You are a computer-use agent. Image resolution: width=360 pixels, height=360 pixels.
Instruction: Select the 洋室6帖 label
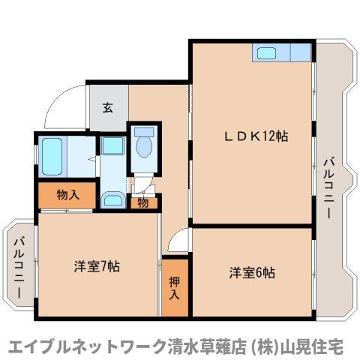252,271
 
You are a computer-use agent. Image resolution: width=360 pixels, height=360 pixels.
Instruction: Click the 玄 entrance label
108,106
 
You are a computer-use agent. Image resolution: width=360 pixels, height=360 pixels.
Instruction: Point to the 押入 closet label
174,287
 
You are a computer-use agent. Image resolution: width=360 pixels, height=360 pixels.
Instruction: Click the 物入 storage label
67,195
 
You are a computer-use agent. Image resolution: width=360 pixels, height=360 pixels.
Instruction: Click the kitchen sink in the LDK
265,53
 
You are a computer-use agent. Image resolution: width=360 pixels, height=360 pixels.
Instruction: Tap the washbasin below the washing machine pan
113,199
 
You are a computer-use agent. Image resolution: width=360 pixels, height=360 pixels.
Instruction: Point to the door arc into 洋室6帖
178,241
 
